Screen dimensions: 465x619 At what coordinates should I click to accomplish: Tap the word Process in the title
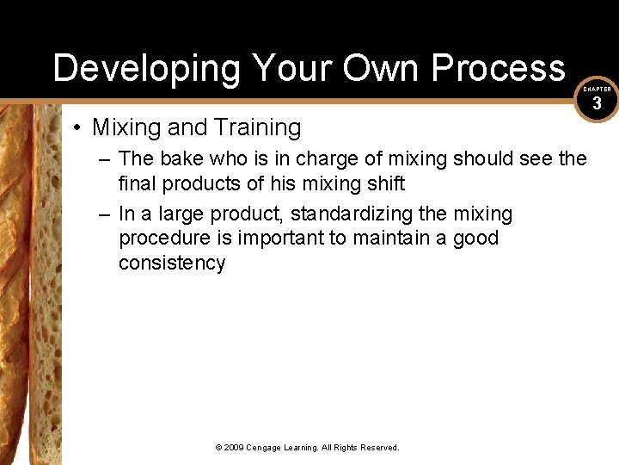499,68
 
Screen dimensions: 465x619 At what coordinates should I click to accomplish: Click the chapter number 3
598,105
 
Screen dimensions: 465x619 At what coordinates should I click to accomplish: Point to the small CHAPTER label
598,89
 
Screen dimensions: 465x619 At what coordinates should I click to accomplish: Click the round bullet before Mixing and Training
77,128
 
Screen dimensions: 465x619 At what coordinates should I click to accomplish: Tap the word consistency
172,263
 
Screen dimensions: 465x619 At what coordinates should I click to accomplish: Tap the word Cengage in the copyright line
267,447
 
